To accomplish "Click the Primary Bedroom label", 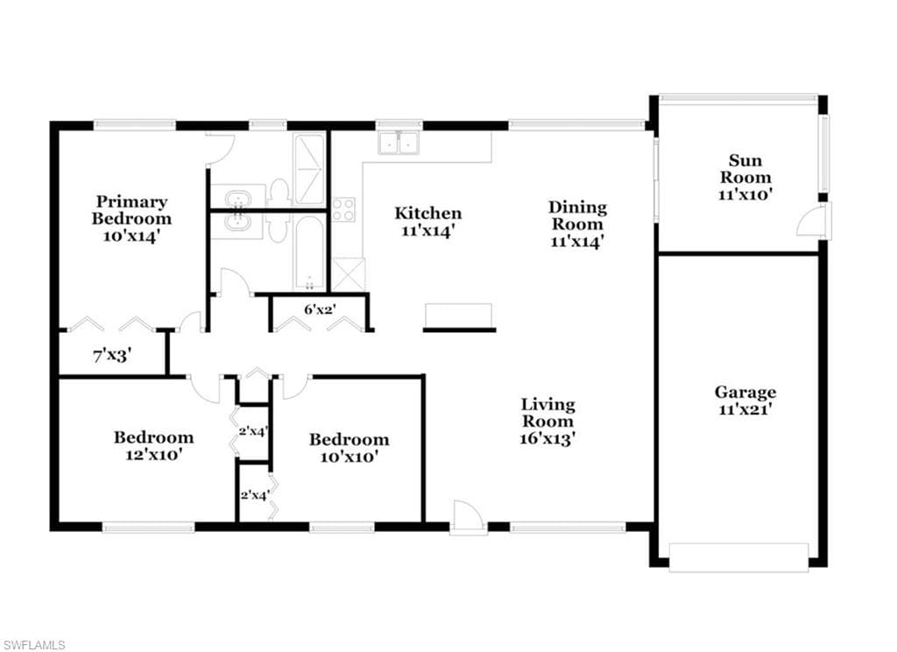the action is tap(131, 210).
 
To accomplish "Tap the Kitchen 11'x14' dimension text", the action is tap(427, 231).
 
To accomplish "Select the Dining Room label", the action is tap(577, 216).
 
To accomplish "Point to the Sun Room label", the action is tap(745, 168).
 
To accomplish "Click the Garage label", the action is tap(745, 393).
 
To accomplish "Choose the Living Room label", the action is tap(547, 413).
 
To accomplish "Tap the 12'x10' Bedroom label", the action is tap(154, 438).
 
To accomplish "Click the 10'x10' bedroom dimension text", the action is tap(349, 457).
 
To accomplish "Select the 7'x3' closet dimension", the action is tap(113, 356).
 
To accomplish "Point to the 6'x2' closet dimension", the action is tap(320, 309).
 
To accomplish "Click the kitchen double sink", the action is tap(399, 143).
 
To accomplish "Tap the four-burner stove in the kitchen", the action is tap(343, 209).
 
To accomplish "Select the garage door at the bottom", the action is tap(738, 557).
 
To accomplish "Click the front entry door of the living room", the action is tap(469, 518).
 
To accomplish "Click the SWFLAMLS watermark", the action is tap(33, 645).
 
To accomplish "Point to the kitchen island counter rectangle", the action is tap(459, 315).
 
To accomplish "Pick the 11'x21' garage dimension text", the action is tap(745, 410).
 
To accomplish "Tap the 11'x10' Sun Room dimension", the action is tap(745, 194).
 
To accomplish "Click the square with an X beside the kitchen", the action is tap(349, 274).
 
